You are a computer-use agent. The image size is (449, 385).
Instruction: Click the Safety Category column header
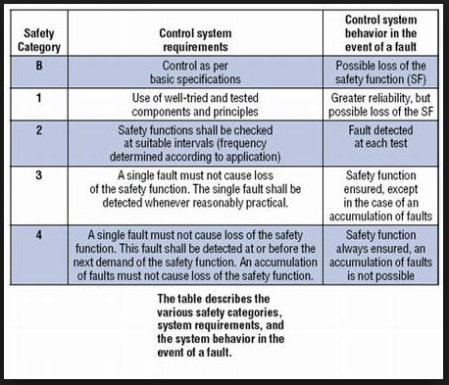click(38, 37)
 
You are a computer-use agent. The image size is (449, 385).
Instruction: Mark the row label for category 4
click(38, 235)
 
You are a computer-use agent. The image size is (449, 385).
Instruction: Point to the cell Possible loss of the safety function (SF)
click(383, 72)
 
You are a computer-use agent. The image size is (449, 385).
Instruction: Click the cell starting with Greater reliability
click(383, 106)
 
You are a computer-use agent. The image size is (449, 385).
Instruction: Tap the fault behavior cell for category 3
click(383, 196)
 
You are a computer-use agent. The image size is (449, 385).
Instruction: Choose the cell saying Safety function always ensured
click(383, 256)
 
